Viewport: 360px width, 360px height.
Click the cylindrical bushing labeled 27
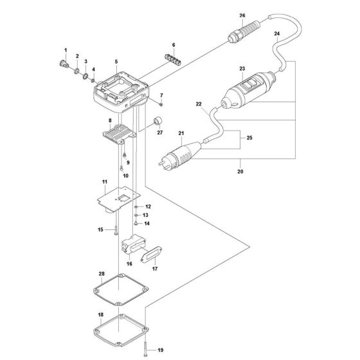click(x=156, y=122)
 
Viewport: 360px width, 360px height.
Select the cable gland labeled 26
click(x=236, y=32)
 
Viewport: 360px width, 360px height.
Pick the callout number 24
click(x=276, y=33)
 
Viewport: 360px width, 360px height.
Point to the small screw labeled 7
click(x=161, y=104)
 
